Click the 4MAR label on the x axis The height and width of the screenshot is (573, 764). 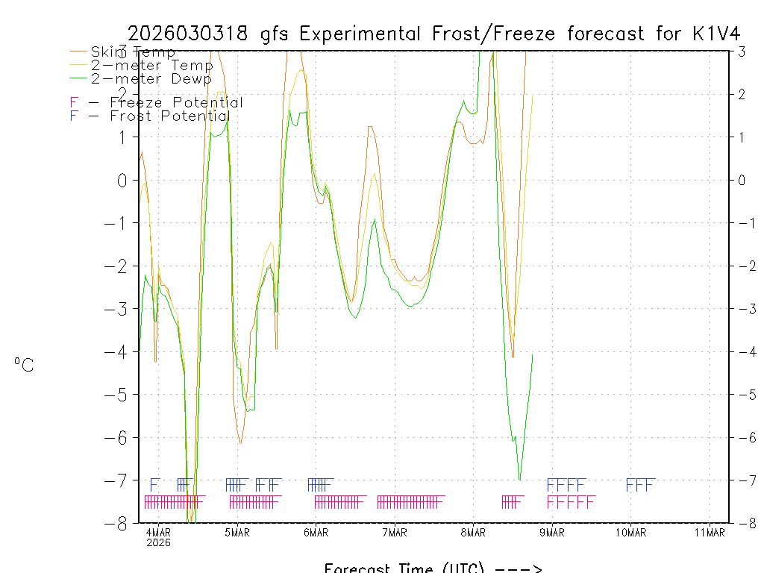158,532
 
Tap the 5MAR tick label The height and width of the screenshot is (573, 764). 237,532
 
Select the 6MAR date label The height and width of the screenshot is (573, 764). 316,532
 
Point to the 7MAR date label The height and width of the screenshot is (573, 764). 395,532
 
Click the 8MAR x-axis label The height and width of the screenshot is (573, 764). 473,532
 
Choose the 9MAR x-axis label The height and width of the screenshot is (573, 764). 552,532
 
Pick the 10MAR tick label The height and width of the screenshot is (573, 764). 630,532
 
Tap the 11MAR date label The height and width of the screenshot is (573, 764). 710,532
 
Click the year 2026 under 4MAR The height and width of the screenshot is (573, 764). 158,542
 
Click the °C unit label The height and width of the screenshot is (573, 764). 24,365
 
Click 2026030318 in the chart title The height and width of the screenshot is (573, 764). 190,34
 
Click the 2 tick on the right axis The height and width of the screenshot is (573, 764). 742,94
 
